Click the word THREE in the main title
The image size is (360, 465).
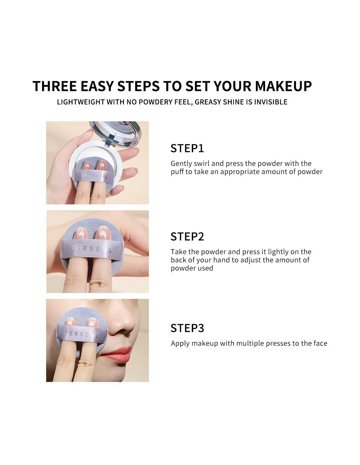(x=55, y=86)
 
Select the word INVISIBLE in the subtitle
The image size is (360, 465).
(x=271, y=102)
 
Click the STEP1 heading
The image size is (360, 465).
(x=187, y=148)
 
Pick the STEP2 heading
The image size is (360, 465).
(x=187, y=237)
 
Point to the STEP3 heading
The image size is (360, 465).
(x=187, y=328)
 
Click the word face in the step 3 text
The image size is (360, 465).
(x=320, y=343)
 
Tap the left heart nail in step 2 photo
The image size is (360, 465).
(x=80, y=235)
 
